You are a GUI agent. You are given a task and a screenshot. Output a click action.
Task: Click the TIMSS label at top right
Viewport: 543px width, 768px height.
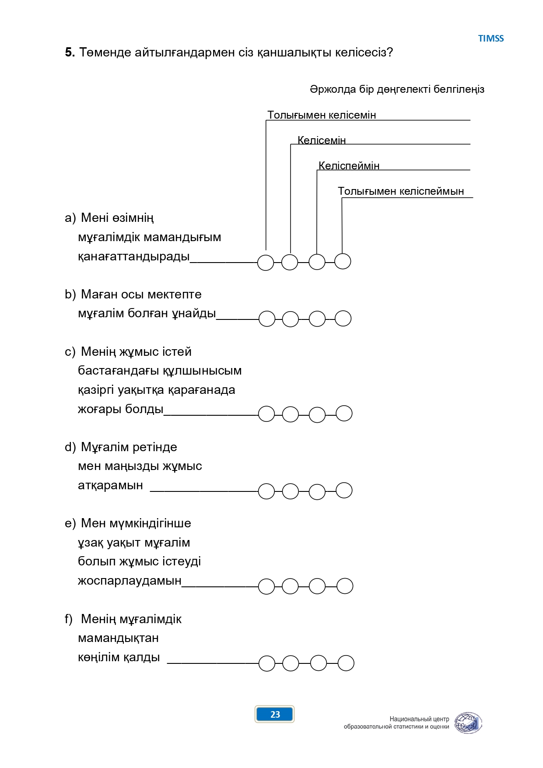click(x=491, y=39)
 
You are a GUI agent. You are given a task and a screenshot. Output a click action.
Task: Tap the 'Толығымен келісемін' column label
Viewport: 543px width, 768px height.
click(x=322, y=115)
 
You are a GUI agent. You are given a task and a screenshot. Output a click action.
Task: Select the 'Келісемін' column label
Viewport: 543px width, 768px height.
click(x=322, y=140)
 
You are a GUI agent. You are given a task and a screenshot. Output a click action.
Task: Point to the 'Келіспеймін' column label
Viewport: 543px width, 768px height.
click(x=349, y=165)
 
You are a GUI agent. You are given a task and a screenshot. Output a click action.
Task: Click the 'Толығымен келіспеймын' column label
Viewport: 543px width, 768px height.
click(x=401, y=191)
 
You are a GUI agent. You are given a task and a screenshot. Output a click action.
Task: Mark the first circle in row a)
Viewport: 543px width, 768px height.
click(x=266, y=263)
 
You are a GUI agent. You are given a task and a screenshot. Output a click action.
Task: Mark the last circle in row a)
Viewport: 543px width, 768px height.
click(x=343, y=261)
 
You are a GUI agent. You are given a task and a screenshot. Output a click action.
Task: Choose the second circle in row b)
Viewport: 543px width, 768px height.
click(x=291, y=319)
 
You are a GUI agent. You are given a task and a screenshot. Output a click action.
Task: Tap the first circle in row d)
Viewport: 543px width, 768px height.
click(x=266, y=491)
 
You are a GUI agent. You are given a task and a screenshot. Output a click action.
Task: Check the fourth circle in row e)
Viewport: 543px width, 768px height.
click(x=345, y=586)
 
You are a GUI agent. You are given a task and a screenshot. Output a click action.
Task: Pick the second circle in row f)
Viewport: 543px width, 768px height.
click(x=291, y=663)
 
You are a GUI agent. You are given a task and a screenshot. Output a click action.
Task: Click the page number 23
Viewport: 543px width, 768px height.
click(x=275, y=714)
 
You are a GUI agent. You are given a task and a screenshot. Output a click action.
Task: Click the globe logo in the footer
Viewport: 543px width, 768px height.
click(x=468, y=723)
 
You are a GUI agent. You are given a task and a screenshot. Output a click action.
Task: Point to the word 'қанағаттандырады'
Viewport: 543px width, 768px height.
click(x=134, y=256)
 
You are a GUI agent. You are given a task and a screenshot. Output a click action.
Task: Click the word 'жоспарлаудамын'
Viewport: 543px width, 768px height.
click(x=130, y=581)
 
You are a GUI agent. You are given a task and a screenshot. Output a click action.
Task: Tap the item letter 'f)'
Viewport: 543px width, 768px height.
click(x=68, y=619)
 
